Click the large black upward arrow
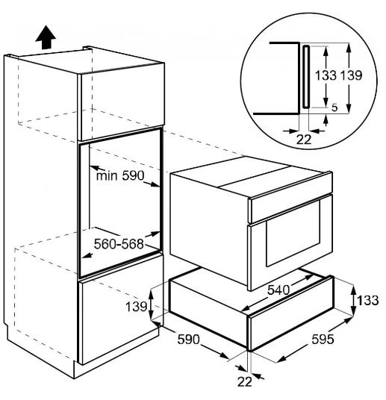46,37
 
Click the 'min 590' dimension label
120,175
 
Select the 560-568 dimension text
119,244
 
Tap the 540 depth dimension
278,290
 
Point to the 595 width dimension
323,340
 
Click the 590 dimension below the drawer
188,340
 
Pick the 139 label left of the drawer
137,307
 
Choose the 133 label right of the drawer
367,300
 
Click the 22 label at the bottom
245,382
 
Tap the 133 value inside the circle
326,75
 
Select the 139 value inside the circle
352,75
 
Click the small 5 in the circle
334,107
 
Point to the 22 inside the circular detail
304,140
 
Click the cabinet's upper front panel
121,102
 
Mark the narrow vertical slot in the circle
306,77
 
